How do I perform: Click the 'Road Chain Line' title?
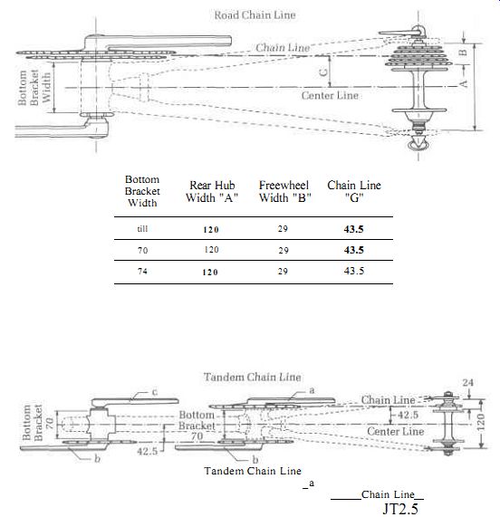[255, 15]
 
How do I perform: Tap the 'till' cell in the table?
[142, 228]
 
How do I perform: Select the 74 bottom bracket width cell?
[142, 272]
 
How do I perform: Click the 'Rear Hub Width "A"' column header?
[212, 191]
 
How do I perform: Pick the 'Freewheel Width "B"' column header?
[285, 191]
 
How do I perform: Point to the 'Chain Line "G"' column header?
[354, 191]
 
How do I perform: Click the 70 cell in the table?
[142, 251]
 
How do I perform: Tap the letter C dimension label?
[324, 72]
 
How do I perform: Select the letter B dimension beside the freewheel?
[463, 53]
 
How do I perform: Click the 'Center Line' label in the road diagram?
[330, 96]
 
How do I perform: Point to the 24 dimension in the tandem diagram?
[467, 382]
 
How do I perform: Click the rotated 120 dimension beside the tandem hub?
[481, 423]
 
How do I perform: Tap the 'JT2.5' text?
[400, 509]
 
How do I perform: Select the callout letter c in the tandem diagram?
[154, 392]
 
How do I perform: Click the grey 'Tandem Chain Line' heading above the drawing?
[252, 377]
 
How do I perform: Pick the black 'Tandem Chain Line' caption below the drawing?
[253, 471]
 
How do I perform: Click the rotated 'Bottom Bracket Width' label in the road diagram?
[34, 88]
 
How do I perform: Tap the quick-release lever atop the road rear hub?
[401, 32]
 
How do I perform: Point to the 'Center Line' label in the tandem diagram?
[396, 431]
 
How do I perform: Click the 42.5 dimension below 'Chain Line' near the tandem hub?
[408, 415]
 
